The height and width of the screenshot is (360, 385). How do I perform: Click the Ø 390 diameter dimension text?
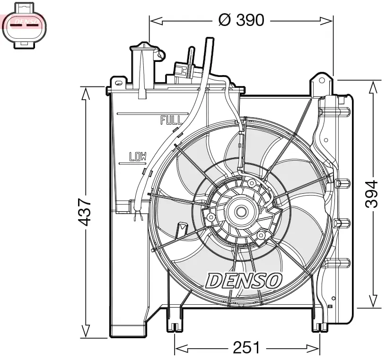(x=241, y=20)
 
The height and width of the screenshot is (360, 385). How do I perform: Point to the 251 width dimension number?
(x=246, y=349)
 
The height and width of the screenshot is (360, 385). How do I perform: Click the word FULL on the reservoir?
(x=171, y=120)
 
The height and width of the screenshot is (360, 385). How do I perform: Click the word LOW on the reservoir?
(x=138, y=156)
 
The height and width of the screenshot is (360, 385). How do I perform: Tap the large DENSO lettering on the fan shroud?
(x=244, y=280)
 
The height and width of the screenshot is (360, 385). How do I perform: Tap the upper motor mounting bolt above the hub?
(x=252, y=183)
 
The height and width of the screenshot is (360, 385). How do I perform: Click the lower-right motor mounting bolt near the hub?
(x=261, y=235)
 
